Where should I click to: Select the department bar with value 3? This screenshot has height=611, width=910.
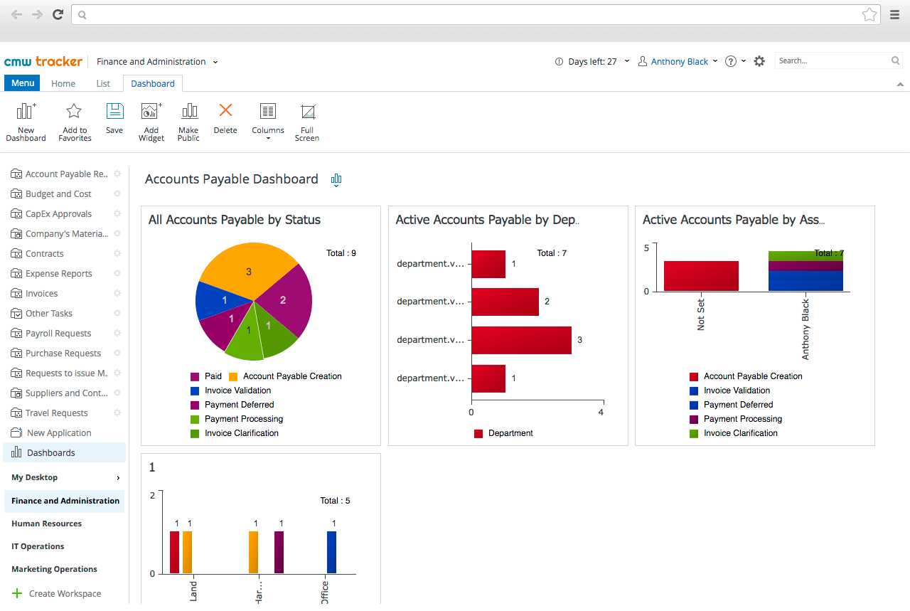521,340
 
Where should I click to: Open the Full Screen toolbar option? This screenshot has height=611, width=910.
307,122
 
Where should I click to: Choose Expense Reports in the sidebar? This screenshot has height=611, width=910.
58,274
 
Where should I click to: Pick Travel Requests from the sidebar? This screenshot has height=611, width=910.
56,413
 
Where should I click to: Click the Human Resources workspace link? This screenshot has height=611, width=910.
46,524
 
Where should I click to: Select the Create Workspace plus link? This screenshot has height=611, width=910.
57,594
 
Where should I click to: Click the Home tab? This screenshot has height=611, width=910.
63,84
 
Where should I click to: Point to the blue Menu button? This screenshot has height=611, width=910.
23,83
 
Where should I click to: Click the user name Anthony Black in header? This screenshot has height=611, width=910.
680,62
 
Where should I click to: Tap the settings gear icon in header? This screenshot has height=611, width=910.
759,61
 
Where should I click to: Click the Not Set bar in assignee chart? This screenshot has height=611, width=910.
701,276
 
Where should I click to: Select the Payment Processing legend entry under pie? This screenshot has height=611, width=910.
243,419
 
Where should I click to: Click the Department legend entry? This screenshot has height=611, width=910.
510,433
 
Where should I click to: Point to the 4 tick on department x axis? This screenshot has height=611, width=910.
601,413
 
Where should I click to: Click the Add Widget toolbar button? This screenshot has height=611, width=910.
151,122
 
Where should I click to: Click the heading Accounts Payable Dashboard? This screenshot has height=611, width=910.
232,179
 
